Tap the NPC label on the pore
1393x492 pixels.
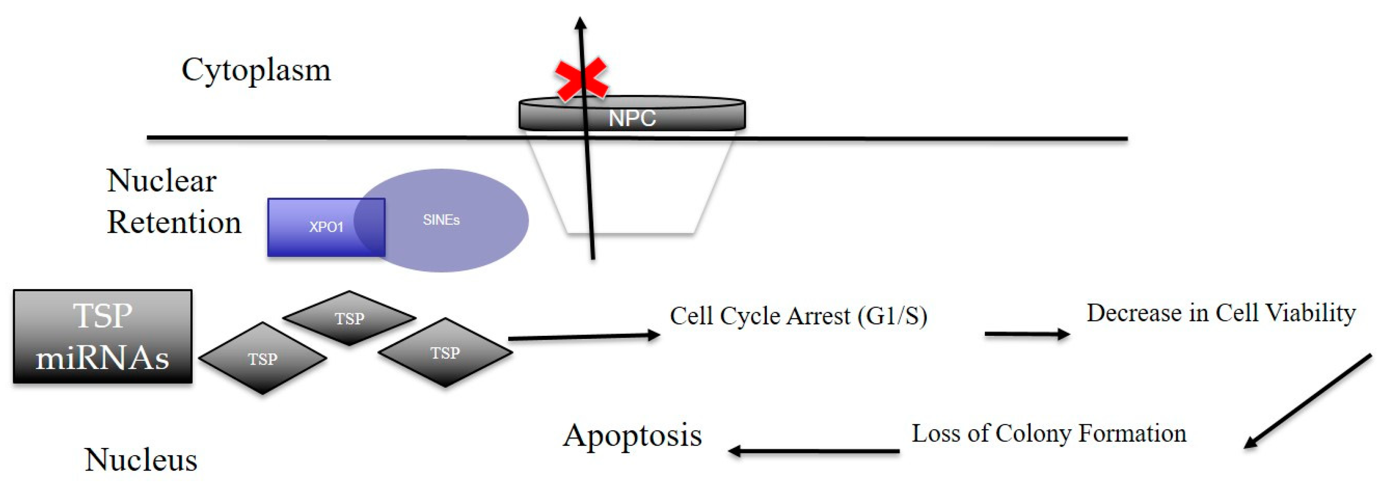(631, 118)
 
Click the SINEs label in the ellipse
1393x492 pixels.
(441, 220)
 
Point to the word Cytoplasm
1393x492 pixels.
(256, 71)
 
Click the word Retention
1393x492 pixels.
(174, 222)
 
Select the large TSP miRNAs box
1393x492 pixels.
(103, 336)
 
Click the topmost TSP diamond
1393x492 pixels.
(349, 318)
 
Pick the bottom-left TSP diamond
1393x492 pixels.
(263, 358)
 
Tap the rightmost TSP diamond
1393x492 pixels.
(445, 353)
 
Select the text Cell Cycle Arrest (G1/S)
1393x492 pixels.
(798, 316)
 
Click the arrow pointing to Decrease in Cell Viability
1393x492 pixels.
(1026, 334)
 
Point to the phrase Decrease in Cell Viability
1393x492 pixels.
(1221, 313)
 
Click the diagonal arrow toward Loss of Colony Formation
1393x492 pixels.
(1307, 401)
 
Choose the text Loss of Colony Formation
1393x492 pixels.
(1048, 433)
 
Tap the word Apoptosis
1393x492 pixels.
(632, 435)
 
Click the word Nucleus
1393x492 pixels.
(141, 460)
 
